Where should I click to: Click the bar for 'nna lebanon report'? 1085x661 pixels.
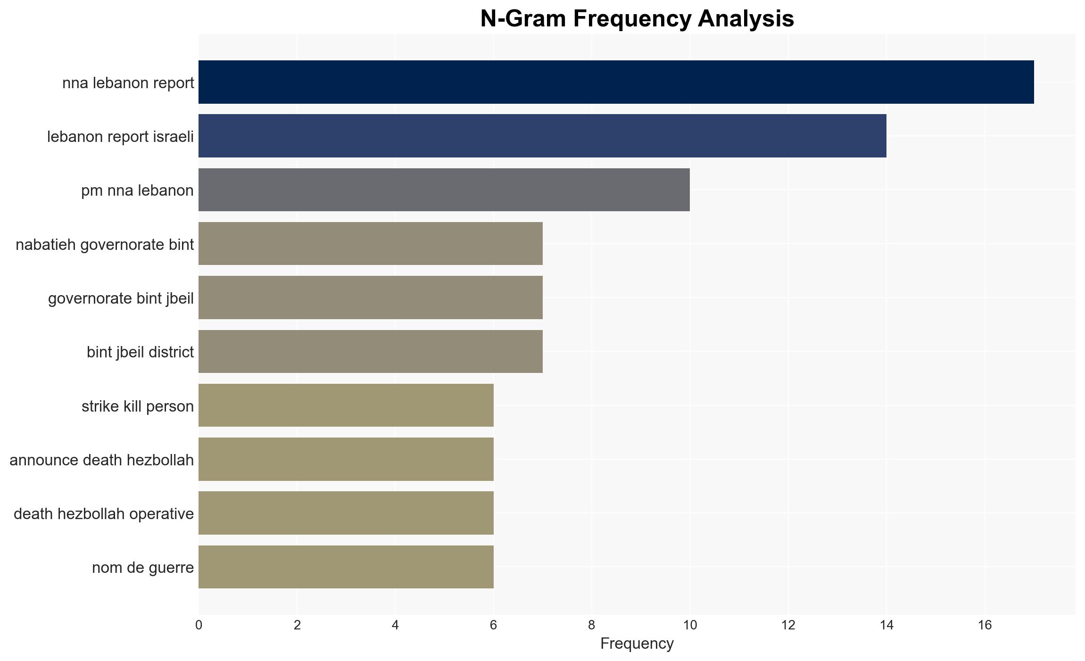click(616, 82)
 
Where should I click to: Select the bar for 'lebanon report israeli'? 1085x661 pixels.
click(542, 136)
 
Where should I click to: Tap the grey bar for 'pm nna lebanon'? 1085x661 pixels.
click(444, 190)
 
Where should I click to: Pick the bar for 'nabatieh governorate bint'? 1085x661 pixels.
click(371, 244)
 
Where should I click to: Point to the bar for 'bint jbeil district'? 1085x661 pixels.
click(371, 351)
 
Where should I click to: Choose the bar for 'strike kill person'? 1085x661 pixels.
click(346, 405)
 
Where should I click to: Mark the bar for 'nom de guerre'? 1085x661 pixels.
click(346, 567)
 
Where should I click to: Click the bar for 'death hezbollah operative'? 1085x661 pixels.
click(346, 513)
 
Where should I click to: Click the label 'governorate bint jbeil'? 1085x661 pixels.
click(121, 298)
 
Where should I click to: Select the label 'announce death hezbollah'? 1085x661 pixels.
click(101, 460)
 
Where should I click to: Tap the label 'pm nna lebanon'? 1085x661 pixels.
click(137, 190)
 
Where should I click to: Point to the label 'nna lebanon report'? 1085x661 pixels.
click(128, 83)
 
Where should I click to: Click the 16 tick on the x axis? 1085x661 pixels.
click(985, 625)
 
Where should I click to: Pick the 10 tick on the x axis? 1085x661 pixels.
click(690, 625)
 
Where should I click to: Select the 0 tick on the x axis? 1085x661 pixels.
click(199, 625)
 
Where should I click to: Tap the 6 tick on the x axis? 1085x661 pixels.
click(493, 625)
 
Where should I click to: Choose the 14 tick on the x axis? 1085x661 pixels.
click(886, 625)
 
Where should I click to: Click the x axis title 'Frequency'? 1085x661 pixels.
click(637, 644)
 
